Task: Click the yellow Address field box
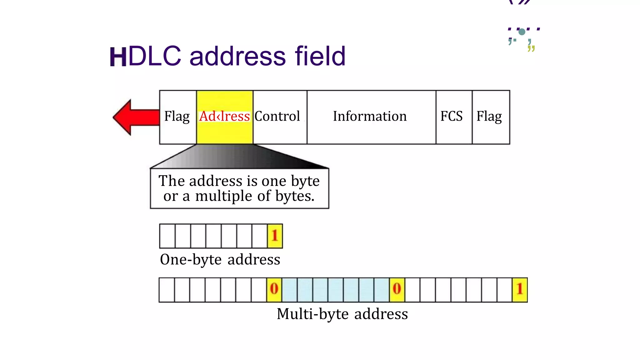point(224,117)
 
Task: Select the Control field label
point(277,116)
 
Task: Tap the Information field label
point(370,116)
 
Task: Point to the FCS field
point(451,116)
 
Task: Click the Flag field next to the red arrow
point(177,116)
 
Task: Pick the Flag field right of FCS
point(489,116)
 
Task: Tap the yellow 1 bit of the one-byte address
point(275,236)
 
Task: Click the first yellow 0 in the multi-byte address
point(274,289)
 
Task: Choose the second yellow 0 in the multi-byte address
point(397,289)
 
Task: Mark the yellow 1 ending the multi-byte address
point(520,289)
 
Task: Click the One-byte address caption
point(220,259)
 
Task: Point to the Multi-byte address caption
point(342,314)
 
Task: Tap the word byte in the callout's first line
point(305,181)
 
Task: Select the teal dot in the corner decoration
point(522,32)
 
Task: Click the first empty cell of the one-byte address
point(167,236)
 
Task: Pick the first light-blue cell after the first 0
point(289,289)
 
